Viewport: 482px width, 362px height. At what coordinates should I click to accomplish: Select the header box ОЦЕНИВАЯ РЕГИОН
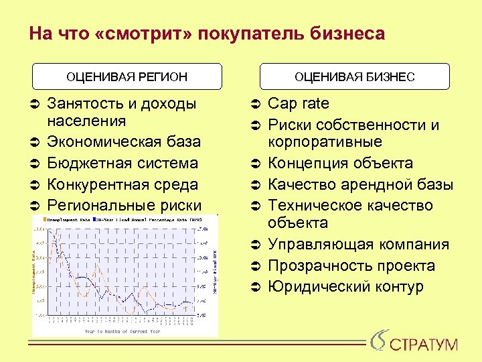[127, 76]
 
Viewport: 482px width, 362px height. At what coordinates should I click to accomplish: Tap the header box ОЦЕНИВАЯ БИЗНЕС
[355, 76]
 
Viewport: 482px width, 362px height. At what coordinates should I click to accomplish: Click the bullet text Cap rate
[299, 104]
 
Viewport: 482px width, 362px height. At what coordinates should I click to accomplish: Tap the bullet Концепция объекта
[340, 164]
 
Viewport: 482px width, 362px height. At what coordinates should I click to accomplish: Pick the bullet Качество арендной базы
[360, 184]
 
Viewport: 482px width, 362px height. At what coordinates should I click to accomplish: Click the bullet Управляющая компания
[358, 245]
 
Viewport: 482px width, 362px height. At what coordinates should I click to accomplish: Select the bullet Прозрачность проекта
[351, 266]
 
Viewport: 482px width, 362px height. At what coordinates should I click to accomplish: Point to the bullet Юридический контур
[345, 287]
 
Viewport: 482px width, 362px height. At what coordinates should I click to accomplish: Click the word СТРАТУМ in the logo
[424, 345]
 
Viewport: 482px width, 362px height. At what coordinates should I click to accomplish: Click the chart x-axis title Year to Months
[120, 331]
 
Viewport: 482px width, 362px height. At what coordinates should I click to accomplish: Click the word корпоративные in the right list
[325, 142]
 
